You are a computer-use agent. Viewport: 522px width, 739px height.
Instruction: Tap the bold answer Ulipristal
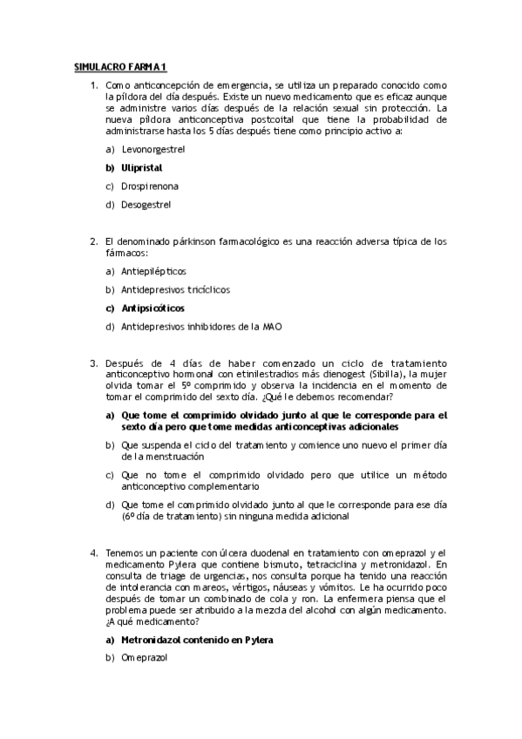[142, 167]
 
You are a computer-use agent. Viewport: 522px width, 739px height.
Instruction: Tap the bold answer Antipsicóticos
[153, 308]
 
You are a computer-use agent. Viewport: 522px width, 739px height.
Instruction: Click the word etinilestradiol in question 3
[248, 374]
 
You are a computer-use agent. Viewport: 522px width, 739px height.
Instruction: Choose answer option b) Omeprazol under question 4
[146, 658]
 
